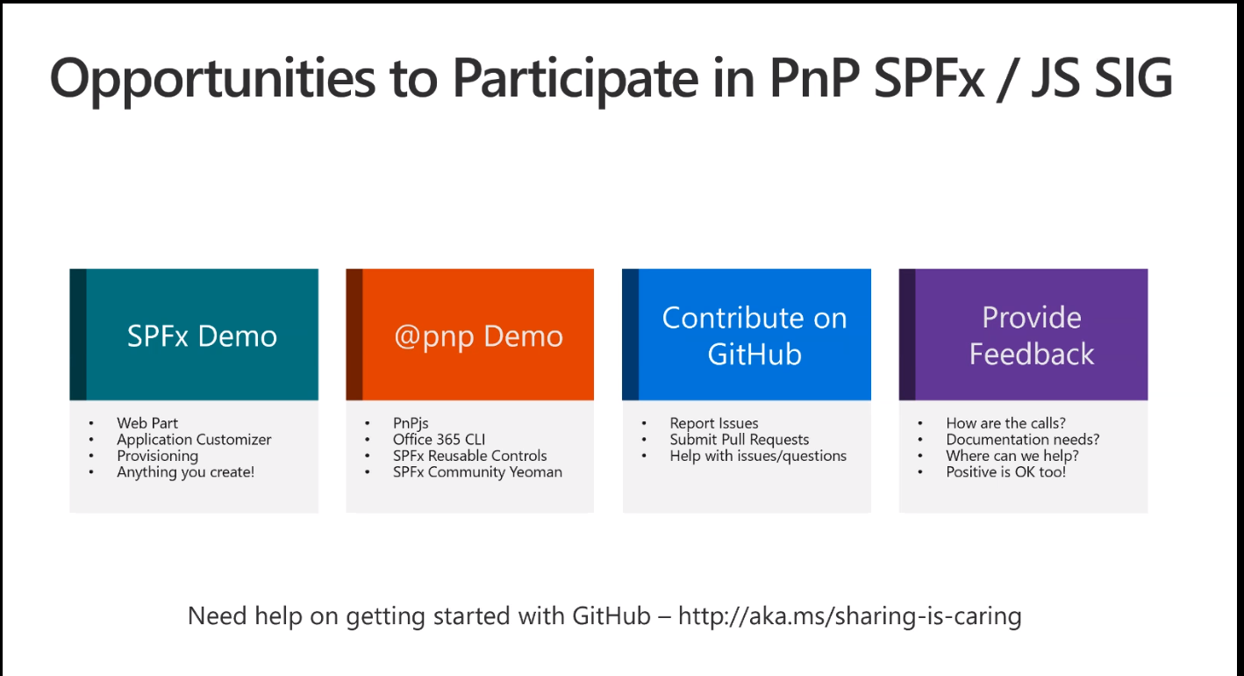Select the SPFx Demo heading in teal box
[202, 336]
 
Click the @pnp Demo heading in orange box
[478, 336]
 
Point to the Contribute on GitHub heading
[754, 336]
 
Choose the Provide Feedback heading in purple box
[1031, 336]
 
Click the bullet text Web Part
[147, 423]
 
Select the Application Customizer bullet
[194, 440]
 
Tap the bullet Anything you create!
[185, 472]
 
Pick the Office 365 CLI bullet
[439, 440]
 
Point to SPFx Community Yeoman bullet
[477, 472]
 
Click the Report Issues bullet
[713, 423]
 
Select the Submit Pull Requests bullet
[739, 440]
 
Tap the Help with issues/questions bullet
[758, 456]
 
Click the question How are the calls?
[1005, 423]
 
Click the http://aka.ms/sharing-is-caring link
[849, 616]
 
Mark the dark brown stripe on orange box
[354, 334]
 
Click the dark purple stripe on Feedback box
[907, 334]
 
